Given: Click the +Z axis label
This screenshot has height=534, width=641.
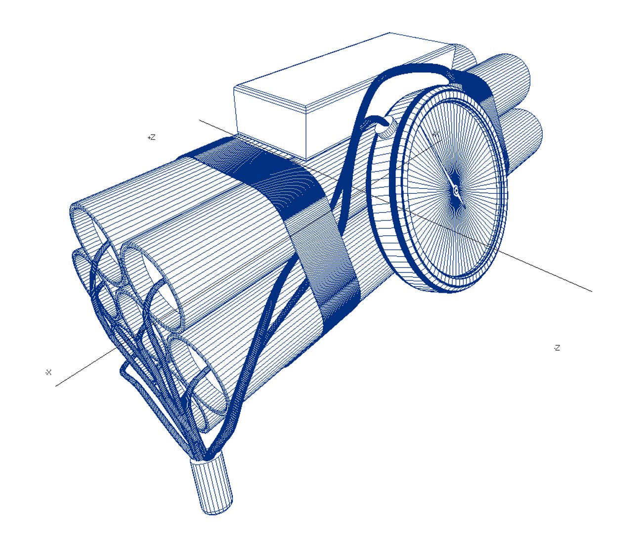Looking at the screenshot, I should (x=151, y=137).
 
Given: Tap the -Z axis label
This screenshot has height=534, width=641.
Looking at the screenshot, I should (x=556, y=348).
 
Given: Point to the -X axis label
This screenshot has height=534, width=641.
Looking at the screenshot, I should (x=48, y=372).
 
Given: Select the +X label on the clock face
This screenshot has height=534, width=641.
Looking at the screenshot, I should (x=435, y=134).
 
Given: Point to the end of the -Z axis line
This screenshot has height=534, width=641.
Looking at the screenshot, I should (x=591, y=291).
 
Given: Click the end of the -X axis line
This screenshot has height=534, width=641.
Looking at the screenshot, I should (x=56, y=386).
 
